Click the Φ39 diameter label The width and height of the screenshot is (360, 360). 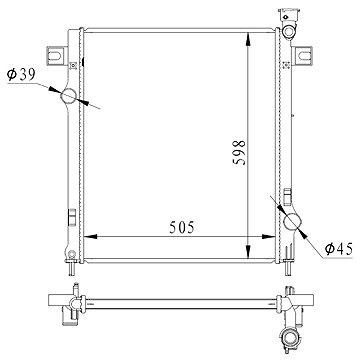[21, 74]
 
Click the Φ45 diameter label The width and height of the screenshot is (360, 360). [339, 249]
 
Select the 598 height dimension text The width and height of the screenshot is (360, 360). [240, 153]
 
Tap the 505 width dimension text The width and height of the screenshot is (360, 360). [182, 228]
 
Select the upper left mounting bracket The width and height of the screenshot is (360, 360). [55, 56]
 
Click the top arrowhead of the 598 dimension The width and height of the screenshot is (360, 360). [248, 39]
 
